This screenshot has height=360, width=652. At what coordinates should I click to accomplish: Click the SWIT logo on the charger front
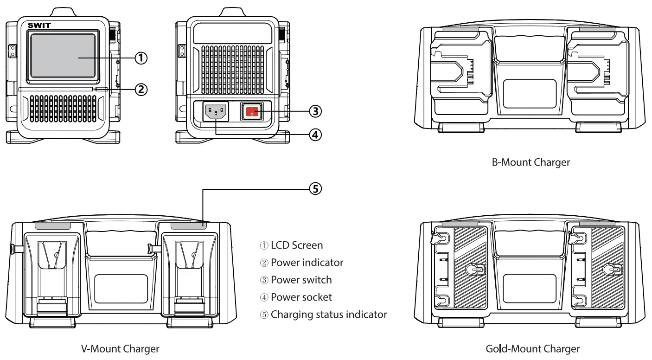[39, 25]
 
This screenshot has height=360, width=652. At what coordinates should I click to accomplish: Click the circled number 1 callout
[141, 58]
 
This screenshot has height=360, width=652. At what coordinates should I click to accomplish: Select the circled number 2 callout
[141, 89]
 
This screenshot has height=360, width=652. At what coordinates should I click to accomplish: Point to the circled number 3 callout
[315, 111]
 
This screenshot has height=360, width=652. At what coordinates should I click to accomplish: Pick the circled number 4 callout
[315, 135]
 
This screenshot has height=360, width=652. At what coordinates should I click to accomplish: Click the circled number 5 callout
[315, 189]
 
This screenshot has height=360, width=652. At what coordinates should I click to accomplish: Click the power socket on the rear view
[216, 111]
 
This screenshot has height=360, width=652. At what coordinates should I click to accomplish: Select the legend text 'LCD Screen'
[297, 245]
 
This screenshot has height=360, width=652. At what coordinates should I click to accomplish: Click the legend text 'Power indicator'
[307, 263]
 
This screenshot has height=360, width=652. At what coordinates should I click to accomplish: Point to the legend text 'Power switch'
[301, 280]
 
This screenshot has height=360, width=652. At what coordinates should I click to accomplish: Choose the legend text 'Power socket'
[301, 297]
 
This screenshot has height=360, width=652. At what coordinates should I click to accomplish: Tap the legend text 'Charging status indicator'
[329, 315]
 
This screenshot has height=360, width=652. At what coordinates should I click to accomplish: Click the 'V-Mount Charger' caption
[120, 348]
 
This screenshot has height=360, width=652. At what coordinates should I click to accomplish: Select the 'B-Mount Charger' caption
[531, 162]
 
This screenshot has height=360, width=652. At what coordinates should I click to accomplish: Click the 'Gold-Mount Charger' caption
[532, 348]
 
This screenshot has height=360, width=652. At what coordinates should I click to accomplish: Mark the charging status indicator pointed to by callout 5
[188, 225]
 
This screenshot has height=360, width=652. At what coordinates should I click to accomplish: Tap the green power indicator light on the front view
[94, 89]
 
